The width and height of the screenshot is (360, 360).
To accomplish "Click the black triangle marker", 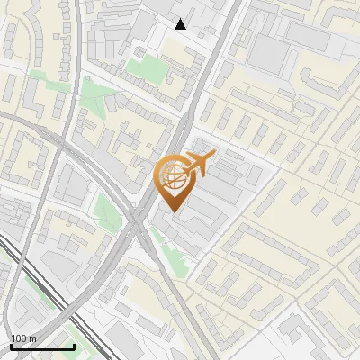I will pos(181,24).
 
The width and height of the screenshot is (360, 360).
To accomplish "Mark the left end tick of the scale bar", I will pos(11,346).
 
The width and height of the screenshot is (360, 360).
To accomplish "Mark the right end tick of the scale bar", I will pos(74,346).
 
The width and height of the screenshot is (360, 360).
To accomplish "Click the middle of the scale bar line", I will pos(42,347).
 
